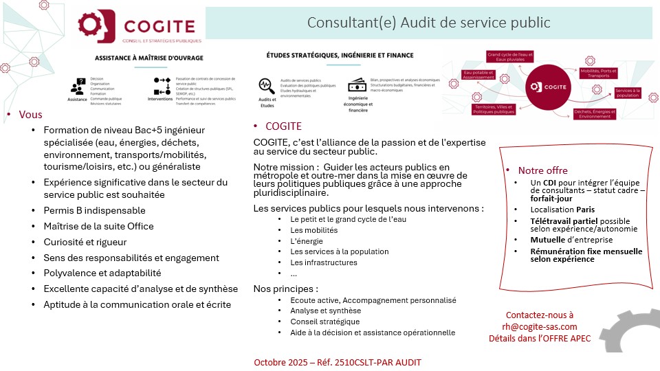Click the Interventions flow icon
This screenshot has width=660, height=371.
coord(162,86)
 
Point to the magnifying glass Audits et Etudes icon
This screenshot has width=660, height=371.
coord(266,86)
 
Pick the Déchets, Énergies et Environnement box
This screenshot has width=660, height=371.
coord(596,114)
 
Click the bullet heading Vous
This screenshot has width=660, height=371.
coord(30,115)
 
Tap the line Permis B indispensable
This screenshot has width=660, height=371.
coord(94,210)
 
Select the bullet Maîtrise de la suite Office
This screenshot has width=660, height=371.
coord(98,226)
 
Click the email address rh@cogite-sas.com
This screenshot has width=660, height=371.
coord(540,326)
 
